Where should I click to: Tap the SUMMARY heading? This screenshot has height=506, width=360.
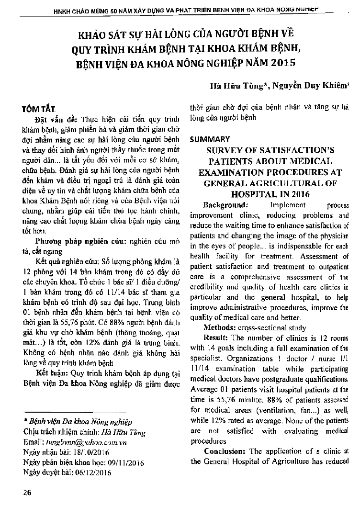[210, 139]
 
